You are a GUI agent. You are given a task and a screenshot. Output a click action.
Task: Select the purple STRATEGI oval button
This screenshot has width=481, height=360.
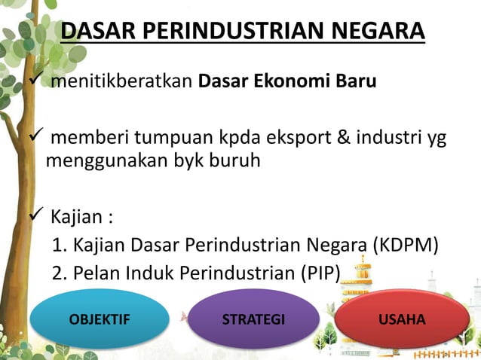[x=253, y=319]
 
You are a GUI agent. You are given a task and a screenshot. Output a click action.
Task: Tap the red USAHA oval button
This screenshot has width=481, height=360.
[x=402, y=319]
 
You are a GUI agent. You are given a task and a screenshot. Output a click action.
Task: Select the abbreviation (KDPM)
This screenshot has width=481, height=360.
[x=402, y=246]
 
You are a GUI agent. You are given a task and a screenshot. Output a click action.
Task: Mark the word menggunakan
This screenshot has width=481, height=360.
[x=99, y=160]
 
